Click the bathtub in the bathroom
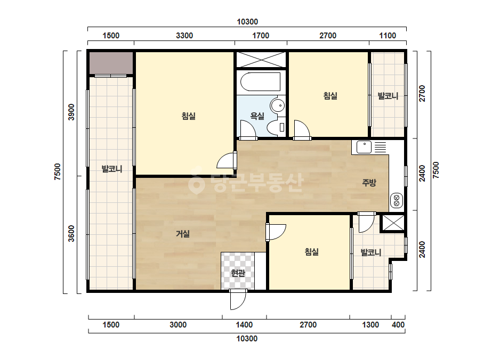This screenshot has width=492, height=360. pyautogui.click(x=260, y=82)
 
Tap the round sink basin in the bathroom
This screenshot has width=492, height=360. pyautogui.click(x=278, y=105)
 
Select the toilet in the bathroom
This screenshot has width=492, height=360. pyautogui.click(x=276, y=127)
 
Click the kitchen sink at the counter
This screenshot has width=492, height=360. pyautogui.click(x=364, y=147)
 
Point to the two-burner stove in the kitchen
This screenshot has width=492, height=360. pyautogui.click(x=396, y=200)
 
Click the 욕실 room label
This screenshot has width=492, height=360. pyautogui.click(x=257, y=116)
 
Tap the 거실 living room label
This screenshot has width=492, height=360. pyautogui.click(x=183, y=234)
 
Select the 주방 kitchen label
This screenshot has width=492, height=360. pyautogui.click(x=369, y=183)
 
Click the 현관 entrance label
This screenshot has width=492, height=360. pyautogui.click(x=238, y=273)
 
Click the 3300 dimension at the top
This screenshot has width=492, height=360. pyautogui.click(x=184, y=36)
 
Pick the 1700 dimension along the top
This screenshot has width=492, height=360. pyautogui.click(x=261, y=36)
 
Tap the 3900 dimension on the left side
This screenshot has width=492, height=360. pyautogui.click(x=72, y=112)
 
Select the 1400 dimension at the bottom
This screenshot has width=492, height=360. pyautogui.click(x=244, y=324)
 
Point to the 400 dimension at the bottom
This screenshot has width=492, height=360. pyautogui.click(x=398, y=324)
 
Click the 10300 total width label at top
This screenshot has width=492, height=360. pyautogui.click(x=247, y=22)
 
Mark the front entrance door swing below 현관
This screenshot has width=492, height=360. pyautogui.click(x=238, y=299)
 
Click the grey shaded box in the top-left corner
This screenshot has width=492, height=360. pyautogui.click(x=111, y=63)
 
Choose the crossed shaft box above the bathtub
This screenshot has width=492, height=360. pyautogui.click(x=261, y=60)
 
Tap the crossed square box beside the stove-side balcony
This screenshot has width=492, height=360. pyautogui.click(x=393, y=223)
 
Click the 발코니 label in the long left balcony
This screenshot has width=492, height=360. pyautogui.click(x=112, y=169)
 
